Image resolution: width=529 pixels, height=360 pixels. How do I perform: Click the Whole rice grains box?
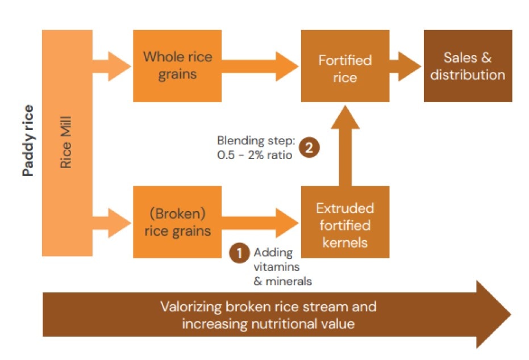[x=177, y=66]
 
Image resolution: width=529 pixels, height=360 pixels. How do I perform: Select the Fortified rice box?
[x=345, y=66]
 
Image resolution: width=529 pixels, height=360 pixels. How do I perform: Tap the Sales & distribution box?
[x=468, y=66]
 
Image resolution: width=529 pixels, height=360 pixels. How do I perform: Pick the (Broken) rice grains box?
[x=177, y=222]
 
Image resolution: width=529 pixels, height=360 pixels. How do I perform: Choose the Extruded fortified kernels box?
[x=345, y=222]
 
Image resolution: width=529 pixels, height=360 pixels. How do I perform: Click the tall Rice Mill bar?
[x=67, y=143]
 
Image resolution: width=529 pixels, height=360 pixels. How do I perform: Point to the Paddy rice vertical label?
[x=28, y=141]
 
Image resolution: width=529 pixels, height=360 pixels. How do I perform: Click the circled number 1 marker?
[x=239, y=253]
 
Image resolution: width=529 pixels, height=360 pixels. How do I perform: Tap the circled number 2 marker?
[x=309, y=147]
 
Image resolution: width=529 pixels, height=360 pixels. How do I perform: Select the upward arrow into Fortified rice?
[x=345, y=145]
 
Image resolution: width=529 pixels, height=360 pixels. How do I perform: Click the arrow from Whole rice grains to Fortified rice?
[x=260, y=66]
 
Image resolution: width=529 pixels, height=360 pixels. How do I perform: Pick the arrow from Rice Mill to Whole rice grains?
[x=112, y=66]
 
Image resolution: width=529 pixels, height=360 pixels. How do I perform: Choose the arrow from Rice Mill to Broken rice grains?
[x=112, y=223]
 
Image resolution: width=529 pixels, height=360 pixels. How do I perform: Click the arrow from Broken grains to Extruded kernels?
[x=260, y=223]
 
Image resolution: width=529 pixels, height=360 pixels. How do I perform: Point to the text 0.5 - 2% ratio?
[x=255, y=155]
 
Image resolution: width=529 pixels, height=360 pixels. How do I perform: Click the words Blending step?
[x=256, y=141]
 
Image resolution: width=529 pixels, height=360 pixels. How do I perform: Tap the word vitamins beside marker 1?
[x=277, y=267]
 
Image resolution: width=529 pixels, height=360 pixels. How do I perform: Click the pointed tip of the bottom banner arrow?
[x=511, y=314]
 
